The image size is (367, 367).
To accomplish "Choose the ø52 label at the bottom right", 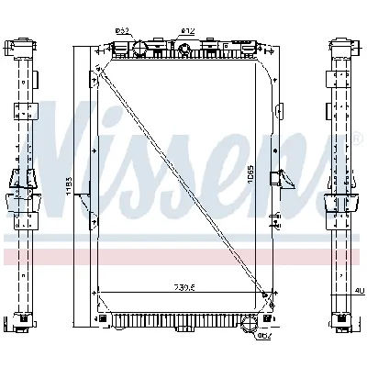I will tap(264, 334).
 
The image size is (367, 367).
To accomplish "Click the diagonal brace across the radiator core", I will tap(183, 174).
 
